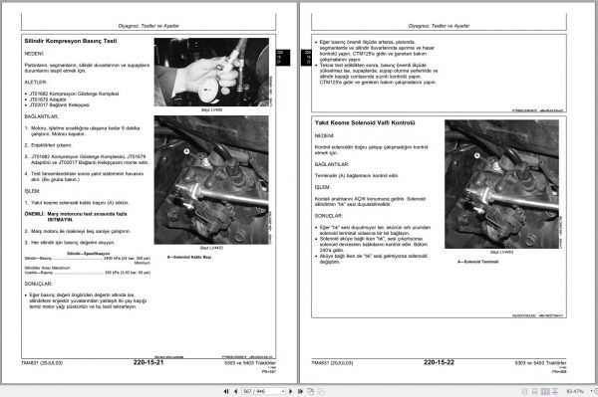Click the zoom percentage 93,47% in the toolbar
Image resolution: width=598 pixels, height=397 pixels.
pos(573,391)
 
